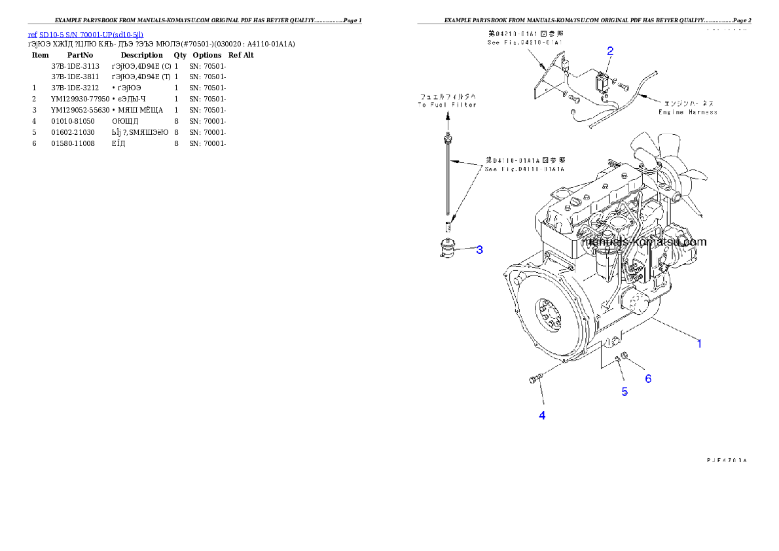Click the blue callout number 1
699,343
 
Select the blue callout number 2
610,50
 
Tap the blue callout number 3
479,249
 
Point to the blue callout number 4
542,415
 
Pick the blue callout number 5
625,391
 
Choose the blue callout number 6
648,378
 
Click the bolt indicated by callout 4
533,379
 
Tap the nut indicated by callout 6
625,356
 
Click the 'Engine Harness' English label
687,112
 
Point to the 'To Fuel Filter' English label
448,105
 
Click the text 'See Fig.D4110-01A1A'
525,169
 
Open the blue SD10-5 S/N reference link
86,34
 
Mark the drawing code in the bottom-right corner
727,460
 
